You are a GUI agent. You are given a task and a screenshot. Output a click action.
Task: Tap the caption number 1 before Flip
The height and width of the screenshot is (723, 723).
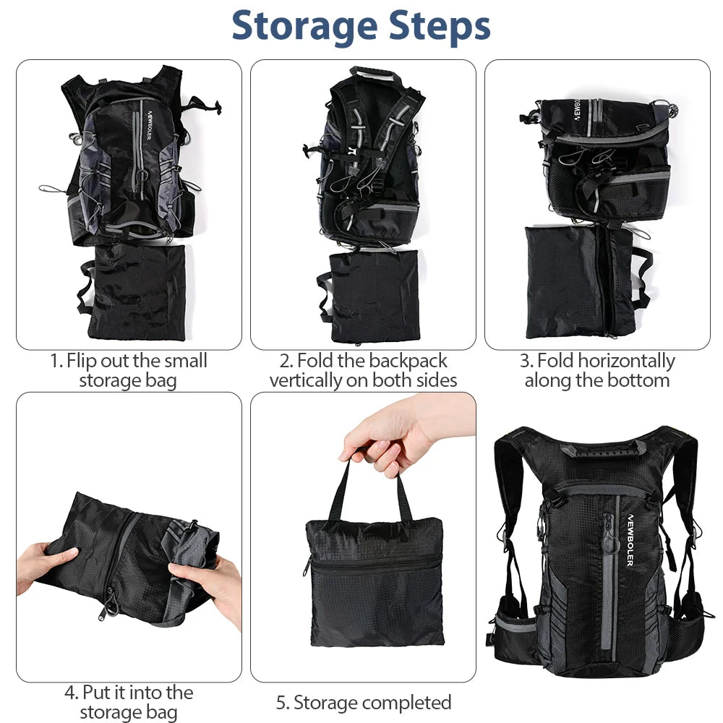coord(54,361)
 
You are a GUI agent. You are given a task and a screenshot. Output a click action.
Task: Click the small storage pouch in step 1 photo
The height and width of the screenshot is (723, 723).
coord(136,291)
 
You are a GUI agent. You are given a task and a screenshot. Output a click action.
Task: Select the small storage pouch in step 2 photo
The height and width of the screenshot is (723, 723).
coord(373,295)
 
